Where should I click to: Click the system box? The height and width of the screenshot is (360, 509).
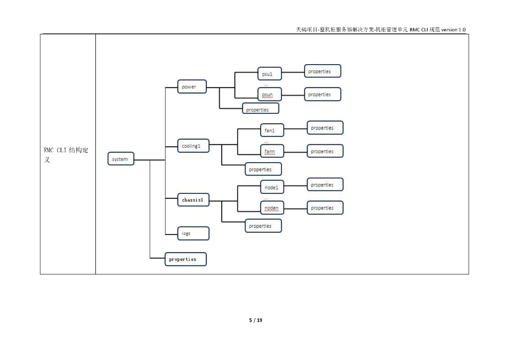click(121, 159)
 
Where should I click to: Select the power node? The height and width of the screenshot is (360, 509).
click(191, 87)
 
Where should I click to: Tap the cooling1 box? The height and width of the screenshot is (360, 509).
click(193, 146)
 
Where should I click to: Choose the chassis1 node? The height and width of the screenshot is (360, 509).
click(193, 200)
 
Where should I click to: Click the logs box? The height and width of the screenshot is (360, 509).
click(193, 233)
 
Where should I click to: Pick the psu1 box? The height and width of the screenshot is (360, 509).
click(269, 75)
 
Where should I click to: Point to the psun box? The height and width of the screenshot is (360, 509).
click(269, 94)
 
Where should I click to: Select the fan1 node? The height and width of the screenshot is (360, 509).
click(272, 130)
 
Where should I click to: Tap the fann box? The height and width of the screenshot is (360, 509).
click(272, 151)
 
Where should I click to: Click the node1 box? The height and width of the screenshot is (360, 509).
click(272, 187)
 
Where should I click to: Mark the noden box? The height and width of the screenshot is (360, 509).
click(272, 208)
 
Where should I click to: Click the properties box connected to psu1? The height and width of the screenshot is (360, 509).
click(323, 71)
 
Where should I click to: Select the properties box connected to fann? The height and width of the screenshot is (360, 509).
click(325, 151)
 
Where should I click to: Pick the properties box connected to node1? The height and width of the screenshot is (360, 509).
click(325, 184)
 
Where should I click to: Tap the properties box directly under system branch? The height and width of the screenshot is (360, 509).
click(185, 259)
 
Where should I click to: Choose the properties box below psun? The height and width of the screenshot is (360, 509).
click(260, 109)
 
